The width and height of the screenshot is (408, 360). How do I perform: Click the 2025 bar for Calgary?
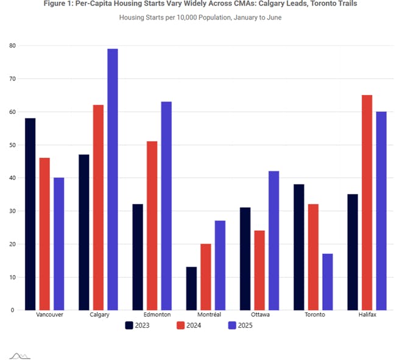113,179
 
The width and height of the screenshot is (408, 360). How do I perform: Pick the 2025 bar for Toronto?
327,281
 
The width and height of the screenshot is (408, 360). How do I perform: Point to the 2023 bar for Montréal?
191,288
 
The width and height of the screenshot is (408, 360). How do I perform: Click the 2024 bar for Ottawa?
259,270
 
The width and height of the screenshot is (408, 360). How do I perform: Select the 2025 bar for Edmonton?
166,205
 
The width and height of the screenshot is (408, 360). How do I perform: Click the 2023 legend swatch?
130,325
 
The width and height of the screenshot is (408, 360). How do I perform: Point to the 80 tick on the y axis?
12,46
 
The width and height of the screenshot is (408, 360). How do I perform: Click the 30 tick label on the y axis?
12,211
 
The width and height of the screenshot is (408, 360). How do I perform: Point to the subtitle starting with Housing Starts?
200,17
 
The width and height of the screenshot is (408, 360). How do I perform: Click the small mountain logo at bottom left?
19,355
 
